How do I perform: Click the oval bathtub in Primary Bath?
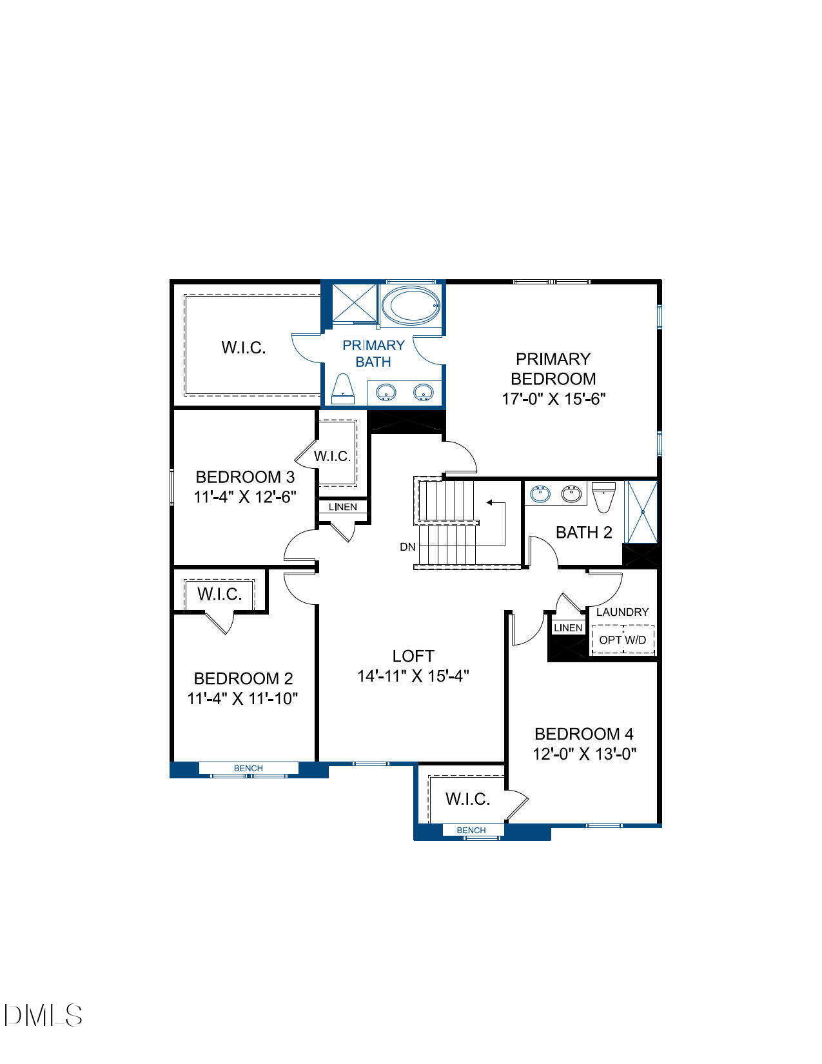click(x=411, y=306)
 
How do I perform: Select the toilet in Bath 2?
click(x=603, y=497)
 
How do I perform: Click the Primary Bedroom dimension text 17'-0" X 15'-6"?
click(x=553, y=399)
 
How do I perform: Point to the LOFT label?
click(x=413, y=656)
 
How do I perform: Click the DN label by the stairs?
click(x=407, y=547)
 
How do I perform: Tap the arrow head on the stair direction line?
click(x=489, y=502)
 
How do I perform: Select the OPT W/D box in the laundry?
click(x=623, y=640)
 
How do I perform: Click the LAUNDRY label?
click(x=622, y=612)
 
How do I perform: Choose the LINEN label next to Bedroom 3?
click(x=343, y=507)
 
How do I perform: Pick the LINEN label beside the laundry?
click(x=568, y=627)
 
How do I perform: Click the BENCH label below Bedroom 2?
click(x=248, y=768)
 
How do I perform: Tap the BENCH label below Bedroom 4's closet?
click(x=471, y=830)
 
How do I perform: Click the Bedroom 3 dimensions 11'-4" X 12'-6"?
click(x=245, y=497)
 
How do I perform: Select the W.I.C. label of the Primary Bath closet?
click(x=244, y=348)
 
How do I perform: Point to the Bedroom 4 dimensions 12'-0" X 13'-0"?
click(x=584, y=754)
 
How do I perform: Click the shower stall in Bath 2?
click(x=642, y=511)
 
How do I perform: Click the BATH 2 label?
click(x=583, y=533)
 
